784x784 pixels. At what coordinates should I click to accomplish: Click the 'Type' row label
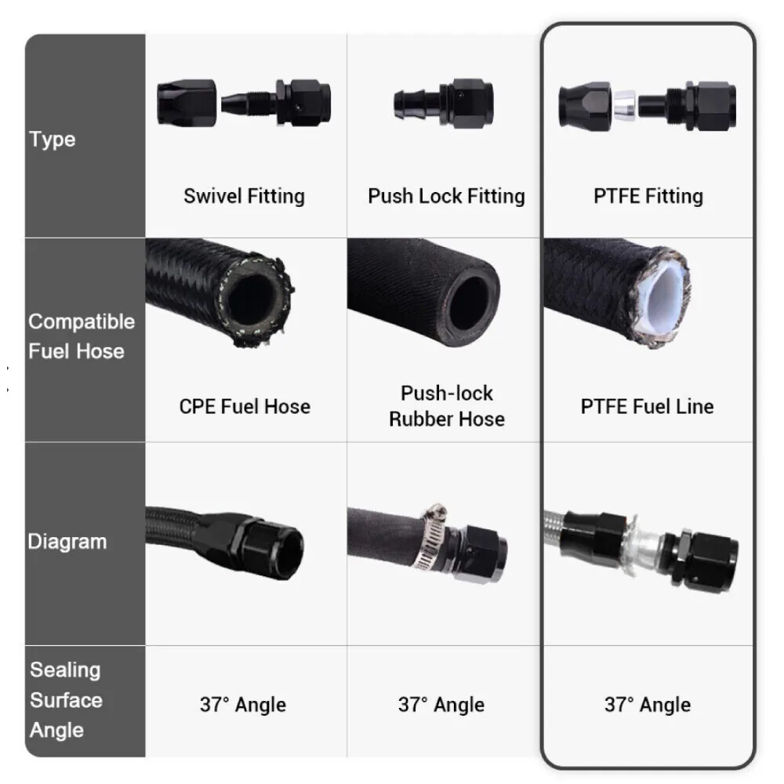[x=53, y=140]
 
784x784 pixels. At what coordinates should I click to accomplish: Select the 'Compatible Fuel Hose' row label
[x=81, y=336]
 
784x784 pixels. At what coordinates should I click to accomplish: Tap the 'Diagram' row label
[x=67, y=541]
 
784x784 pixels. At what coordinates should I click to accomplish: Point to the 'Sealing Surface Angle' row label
[x=66, y=699]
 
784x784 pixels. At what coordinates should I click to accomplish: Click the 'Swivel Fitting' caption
[x=244, y=195]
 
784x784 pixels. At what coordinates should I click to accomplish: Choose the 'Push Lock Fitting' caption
[x=446, y=195]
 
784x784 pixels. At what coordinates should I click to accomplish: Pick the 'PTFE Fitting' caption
[x=648, y=195]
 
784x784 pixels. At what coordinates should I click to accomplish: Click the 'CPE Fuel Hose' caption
[x=245, y=406]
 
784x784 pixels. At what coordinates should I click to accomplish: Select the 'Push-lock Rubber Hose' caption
[x=446, y=405]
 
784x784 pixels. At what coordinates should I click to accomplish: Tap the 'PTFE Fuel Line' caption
[x=648, y=406]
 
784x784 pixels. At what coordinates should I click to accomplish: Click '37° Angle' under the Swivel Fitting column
[x=242, y=704]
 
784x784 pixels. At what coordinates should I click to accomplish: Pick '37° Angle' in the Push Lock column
[x=441, y=704]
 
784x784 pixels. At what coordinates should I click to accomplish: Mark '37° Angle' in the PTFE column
[x=648, y=704]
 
